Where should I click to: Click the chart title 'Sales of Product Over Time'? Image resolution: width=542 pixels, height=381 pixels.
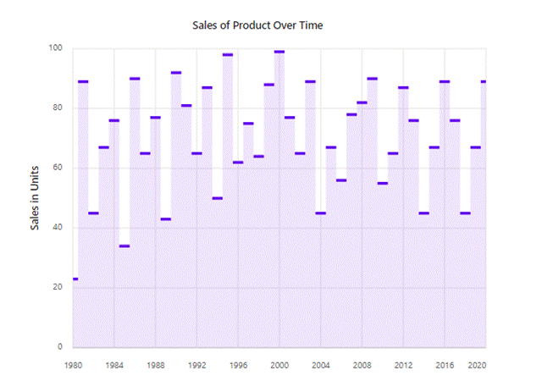[258, 25]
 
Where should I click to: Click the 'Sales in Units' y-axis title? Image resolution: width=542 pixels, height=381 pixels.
[36, 198]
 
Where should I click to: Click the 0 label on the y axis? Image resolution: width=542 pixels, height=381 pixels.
[60, 347]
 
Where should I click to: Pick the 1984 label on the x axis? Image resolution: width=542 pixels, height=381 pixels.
[114, 366]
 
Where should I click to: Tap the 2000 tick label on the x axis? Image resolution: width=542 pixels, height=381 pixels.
[279, 366]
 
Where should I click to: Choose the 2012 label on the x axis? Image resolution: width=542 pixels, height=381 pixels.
[403, 366]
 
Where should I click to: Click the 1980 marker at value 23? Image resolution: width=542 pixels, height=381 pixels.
[75, 279]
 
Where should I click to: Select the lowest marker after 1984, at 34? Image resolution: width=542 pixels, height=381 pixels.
[124, 246]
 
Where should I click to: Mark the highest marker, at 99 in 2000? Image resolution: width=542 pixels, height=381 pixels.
[279, 52]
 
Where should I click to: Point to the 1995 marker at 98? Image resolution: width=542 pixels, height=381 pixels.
[228, 54]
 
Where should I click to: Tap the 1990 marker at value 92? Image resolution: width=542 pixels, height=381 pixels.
[176, 73]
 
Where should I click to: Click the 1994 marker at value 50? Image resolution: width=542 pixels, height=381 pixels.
[218, 198]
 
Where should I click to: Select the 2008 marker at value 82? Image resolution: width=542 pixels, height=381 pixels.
[362, 102]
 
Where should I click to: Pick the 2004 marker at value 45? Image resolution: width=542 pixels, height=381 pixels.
[321, 213]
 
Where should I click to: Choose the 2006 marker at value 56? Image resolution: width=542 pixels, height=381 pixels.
[341, 180]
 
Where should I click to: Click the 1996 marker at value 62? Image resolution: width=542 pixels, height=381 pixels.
[238, 162]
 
